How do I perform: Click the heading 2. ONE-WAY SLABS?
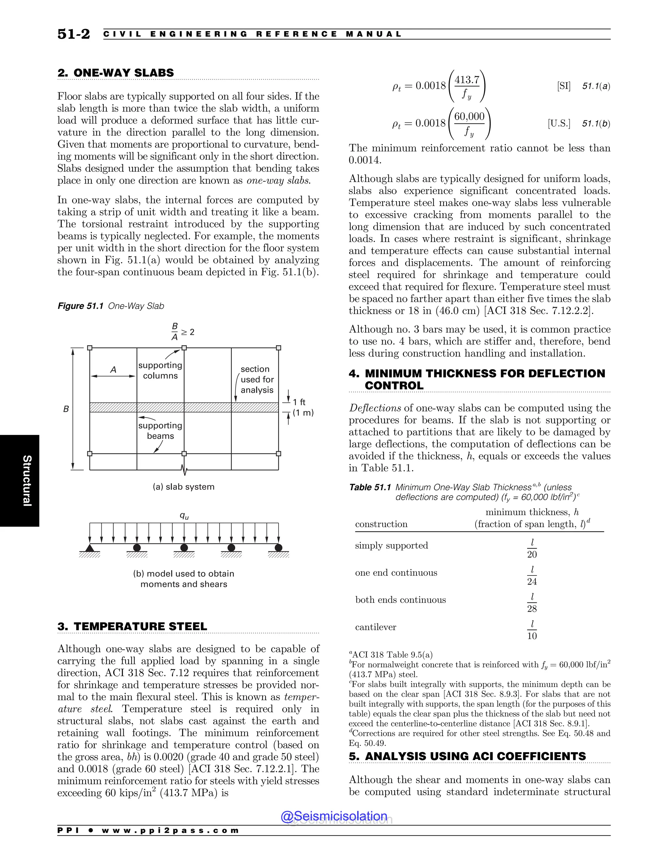click(x=115, y=73)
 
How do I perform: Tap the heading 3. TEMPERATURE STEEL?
click(x=132, y=626)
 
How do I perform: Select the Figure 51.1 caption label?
click(x=80, y=306)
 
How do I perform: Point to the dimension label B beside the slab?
click(x=66, y=409)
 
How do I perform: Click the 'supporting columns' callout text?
click(x=160, y=370)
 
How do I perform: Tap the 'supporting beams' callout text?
click(x=160, y=430)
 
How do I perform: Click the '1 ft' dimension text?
click(x=299, y=402)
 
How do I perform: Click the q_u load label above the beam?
click(x=184, y=515)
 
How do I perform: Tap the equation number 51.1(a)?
click(x=596, y=86)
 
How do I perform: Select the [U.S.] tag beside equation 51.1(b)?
click(x=559, y=124)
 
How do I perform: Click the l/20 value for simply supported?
click(x=532, y=548)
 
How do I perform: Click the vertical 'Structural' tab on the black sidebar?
click(x=26, y=480)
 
